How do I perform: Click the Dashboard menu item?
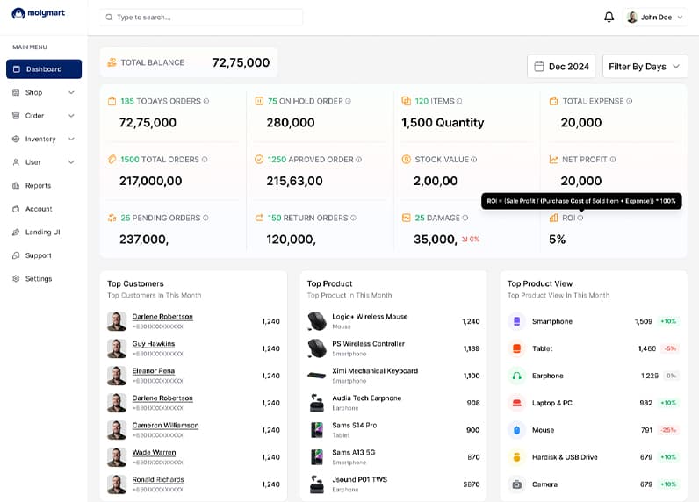43,69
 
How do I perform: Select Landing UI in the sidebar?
42,233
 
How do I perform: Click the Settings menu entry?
38,279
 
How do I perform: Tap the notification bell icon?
609,17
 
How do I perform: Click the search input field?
201,17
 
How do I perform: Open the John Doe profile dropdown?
655,17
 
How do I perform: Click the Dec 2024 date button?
561,67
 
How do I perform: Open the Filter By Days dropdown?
645,67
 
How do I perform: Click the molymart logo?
39,13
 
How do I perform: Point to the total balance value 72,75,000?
241,62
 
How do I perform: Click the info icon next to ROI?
580,218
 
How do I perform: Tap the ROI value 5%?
557,240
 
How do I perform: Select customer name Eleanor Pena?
154,371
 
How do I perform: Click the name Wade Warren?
154,453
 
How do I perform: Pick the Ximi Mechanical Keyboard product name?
374,371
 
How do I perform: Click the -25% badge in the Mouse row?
668,430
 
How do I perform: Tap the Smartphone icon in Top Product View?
516,321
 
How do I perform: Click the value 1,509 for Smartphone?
643,321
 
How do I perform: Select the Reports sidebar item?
38,186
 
